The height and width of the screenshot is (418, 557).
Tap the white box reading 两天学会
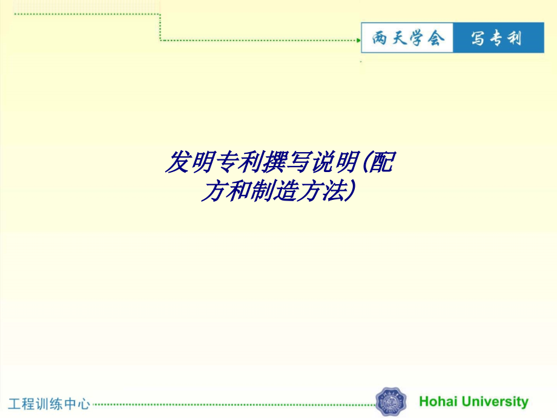[407, 39]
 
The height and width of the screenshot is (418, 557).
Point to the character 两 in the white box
[380, 39]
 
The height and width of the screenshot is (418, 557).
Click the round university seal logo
[391, 402]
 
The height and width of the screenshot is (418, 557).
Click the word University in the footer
[495, 401]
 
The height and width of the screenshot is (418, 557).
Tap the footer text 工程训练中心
[49, 403]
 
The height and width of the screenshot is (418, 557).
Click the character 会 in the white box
[435, 39]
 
